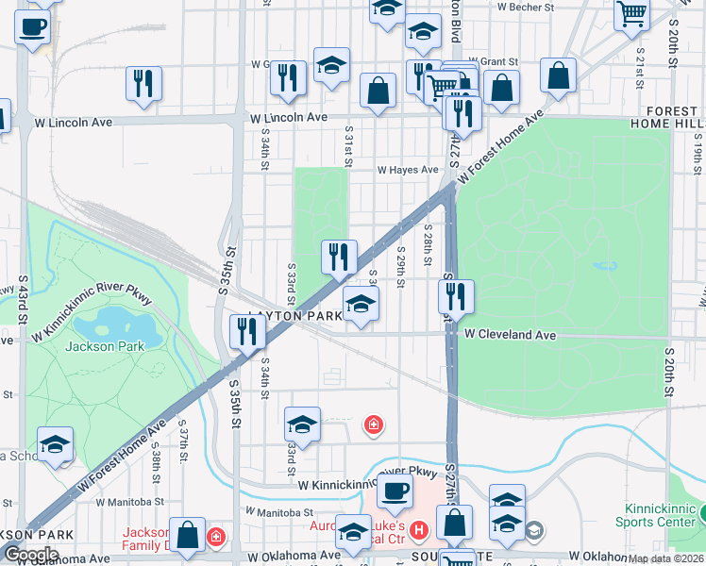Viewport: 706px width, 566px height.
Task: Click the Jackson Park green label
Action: pos(105,346)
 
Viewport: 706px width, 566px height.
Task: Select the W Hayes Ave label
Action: pos(408,171)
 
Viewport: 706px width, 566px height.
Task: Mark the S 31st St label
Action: pos(348,146)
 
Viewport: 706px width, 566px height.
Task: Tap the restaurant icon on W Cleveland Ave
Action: pos(456,296)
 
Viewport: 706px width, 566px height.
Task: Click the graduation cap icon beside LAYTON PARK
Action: pos(361,304)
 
